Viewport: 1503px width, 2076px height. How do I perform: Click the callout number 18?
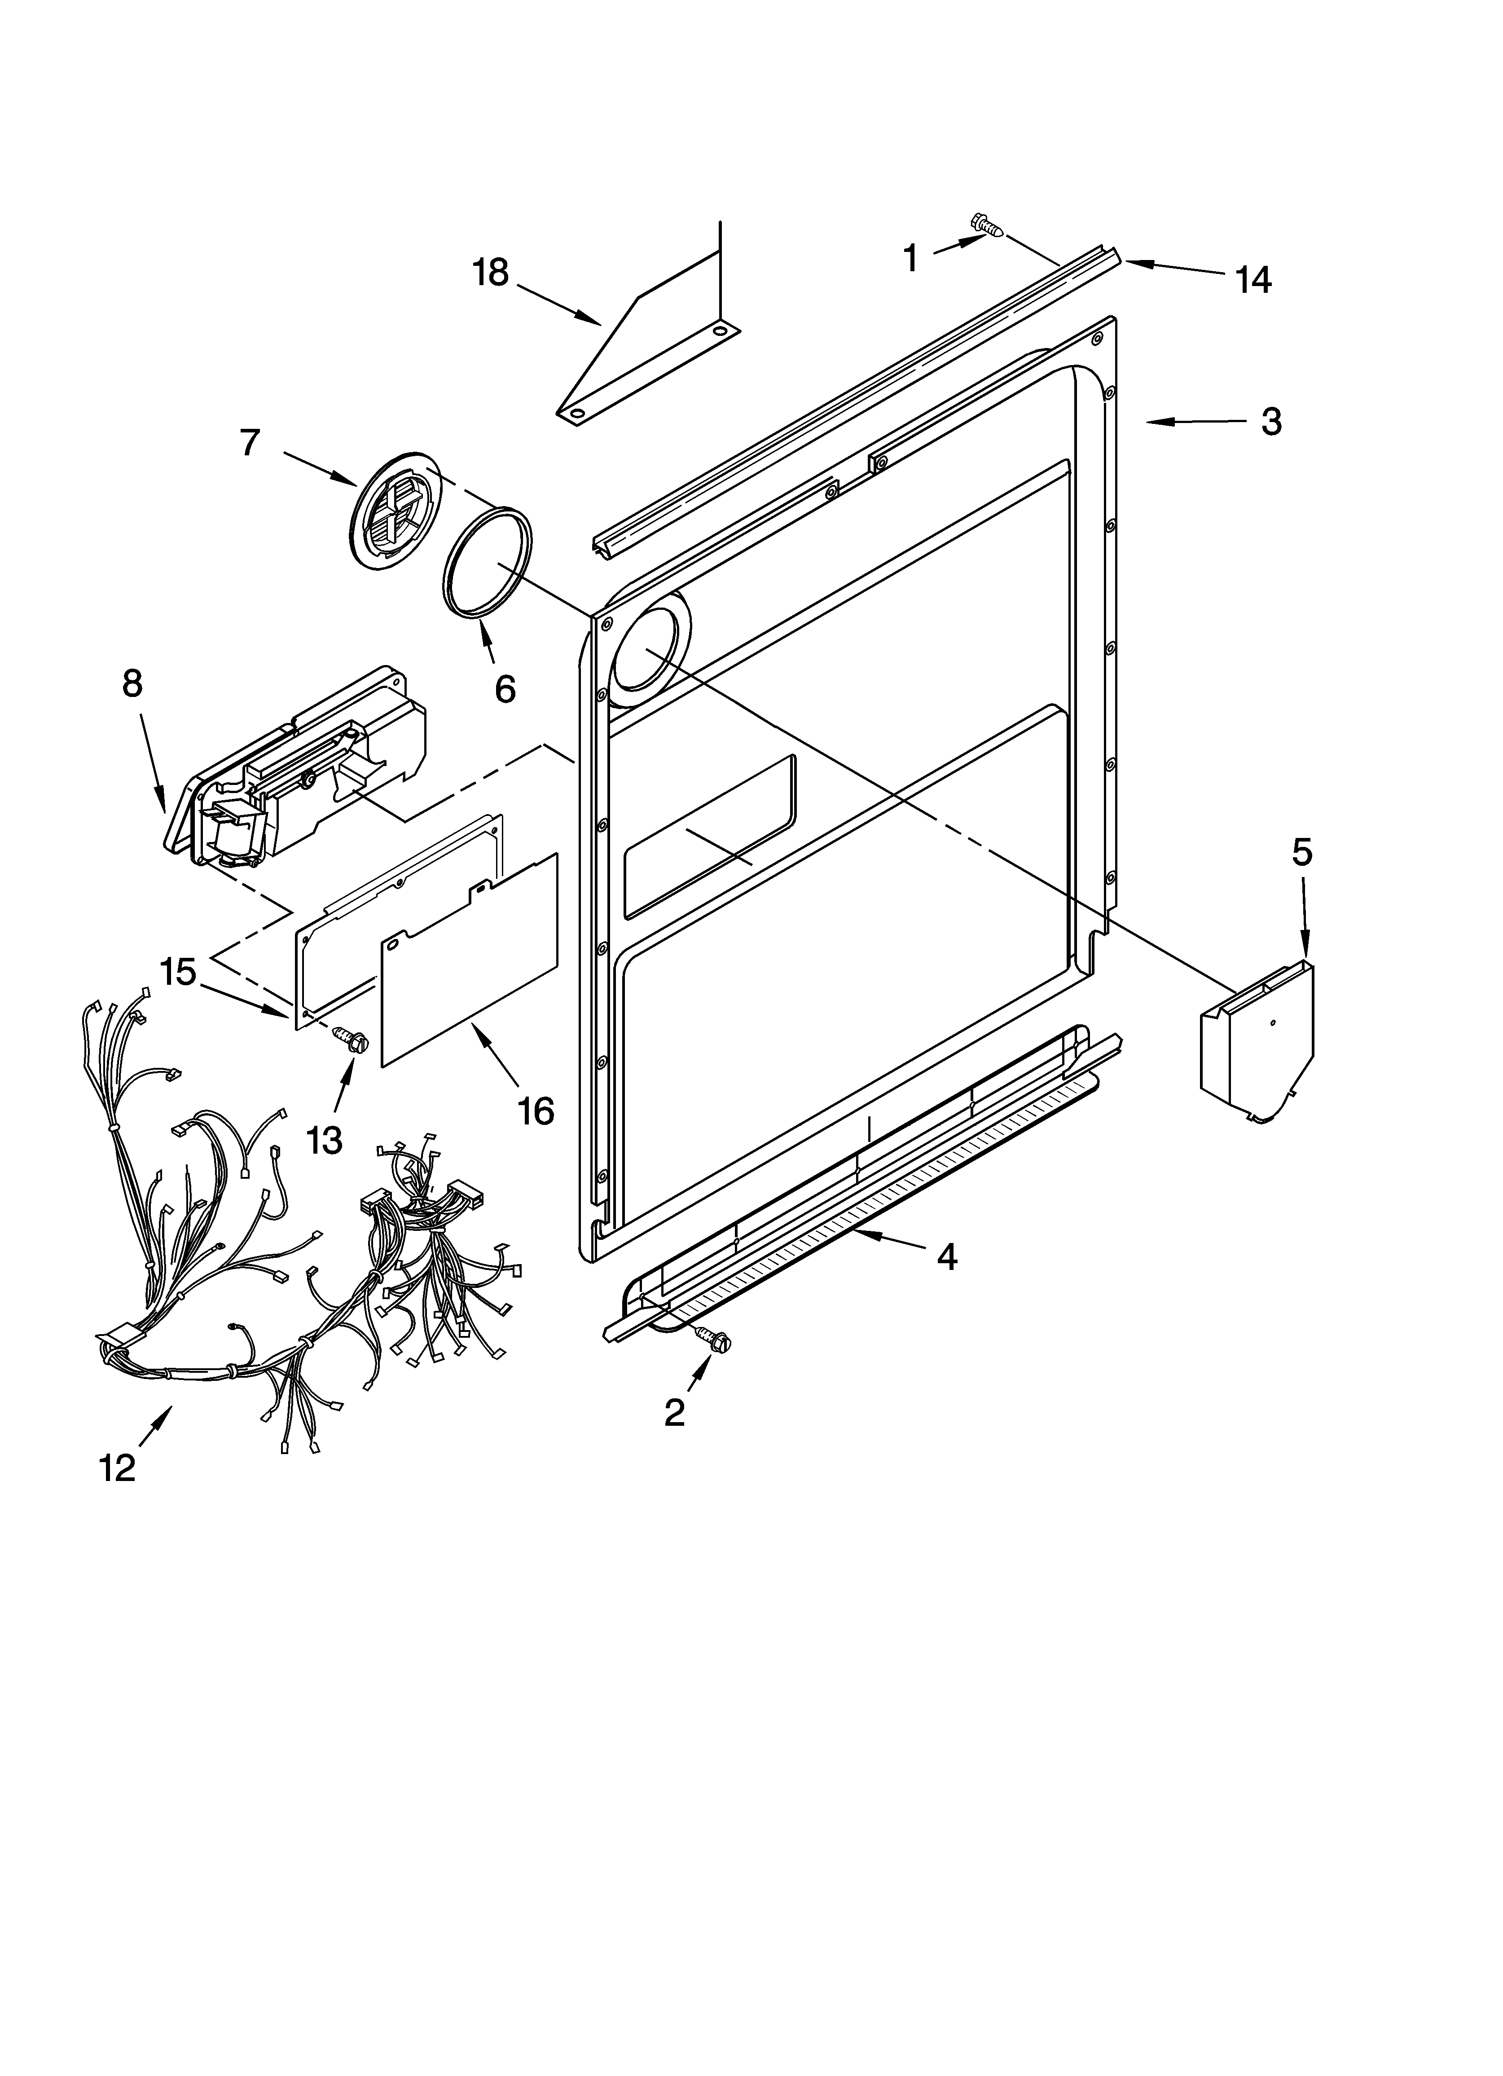(491, 273)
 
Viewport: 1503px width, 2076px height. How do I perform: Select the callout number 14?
(1253, 280)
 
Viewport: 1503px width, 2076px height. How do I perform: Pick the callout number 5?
(1301, 852)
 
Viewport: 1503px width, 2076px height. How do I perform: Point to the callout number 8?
(133, 683)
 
